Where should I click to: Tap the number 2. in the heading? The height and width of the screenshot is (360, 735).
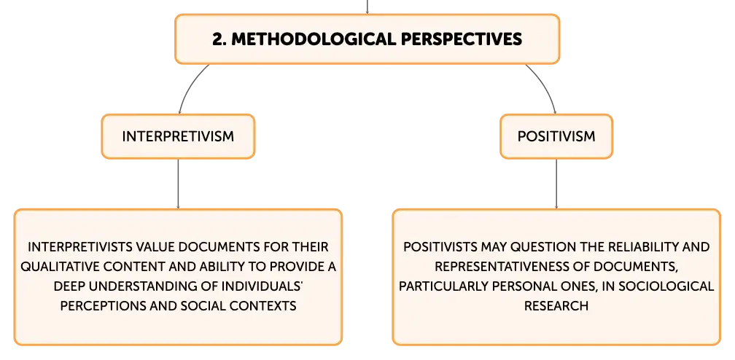(219, 39)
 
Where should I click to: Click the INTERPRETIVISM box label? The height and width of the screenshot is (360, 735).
(178, 136)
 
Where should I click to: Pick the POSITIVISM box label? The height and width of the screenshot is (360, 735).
(556, 136)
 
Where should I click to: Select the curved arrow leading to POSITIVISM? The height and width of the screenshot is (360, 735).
(545, 85)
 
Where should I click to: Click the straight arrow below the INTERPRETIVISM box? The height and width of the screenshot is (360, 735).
(178, 184)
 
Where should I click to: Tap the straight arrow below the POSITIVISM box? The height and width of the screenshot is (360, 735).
(556, 184)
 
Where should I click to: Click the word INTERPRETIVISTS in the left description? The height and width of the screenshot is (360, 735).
(75, 247)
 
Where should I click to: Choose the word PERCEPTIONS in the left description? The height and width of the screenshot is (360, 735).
(99, 306)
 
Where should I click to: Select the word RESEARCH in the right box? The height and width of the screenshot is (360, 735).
(556, 306)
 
